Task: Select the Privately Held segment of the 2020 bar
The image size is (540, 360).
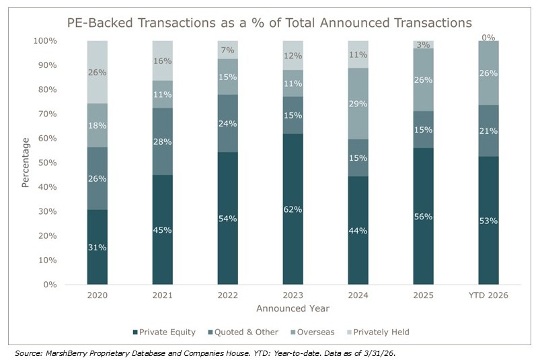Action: click(97, 72)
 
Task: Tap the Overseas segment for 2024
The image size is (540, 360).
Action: click(358, 104)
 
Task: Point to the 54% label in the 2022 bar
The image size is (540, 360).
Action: click(227, 219)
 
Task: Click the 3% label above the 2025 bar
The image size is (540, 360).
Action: click(423, 44)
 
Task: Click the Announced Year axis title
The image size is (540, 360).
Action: click(293, 308)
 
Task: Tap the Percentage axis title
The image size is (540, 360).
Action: click(25, 163)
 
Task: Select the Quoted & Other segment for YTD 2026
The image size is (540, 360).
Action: click(489, 131)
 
